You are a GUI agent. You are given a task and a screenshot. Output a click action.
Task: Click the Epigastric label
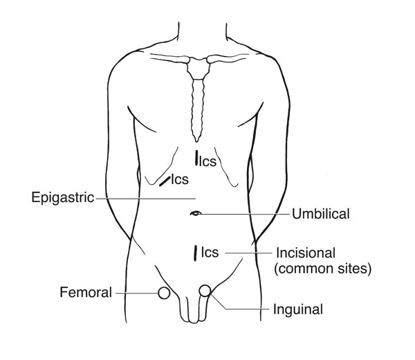coord(63,196)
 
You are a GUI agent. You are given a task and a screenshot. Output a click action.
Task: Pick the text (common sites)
coord(323,268)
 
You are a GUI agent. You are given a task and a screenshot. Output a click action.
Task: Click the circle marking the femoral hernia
coord(164,293)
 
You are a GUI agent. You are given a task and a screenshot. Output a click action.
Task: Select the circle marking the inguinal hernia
coord(205,291)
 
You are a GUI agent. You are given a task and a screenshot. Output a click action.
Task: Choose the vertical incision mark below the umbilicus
coord(196,253)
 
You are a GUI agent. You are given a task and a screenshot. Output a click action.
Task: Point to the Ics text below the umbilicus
coord(210,253)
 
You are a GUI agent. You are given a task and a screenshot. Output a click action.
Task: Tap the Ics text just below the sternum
coord(208,163)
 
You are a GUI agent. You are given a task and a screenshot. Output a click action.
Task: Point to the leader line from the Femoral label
coord(135,293)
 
